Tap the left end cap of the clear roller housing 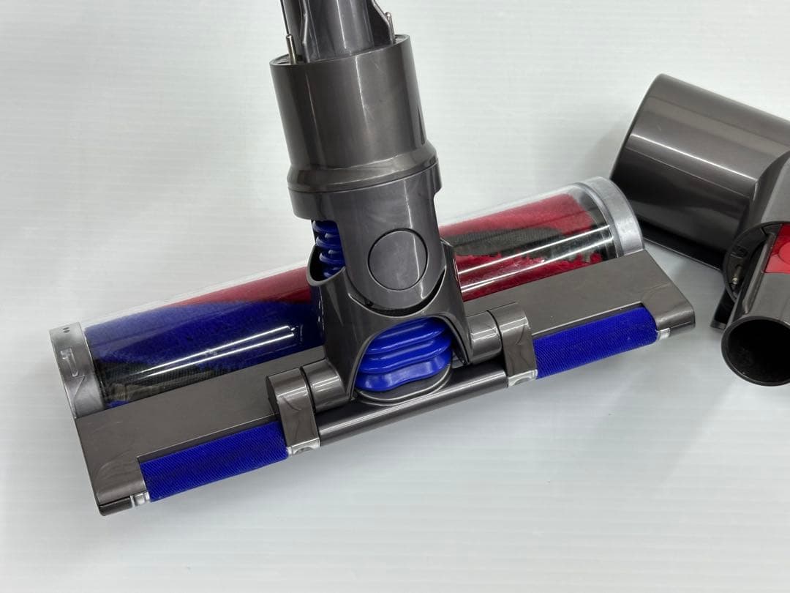pyautogui.click(x=69, y=366)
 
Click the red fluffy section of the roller pyautogui.click(x=512, y=242)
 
